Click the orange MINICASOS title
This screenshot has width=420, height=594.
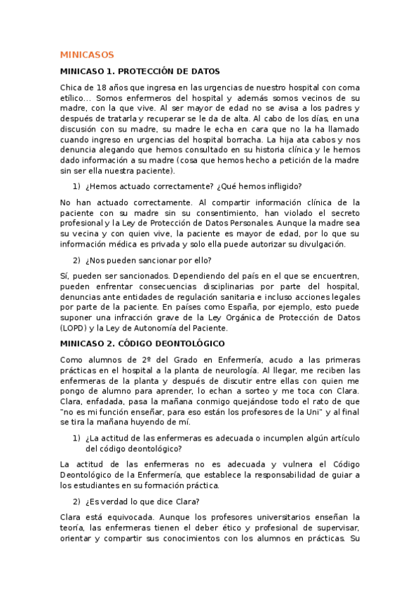(x=87, y=55)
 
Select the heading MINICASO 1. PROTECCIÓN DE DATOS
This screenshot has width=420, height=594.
(x=140, y=71)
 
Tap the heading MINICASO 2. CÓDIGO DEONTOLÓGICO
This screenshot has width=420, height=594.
(x=142, y=344)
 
